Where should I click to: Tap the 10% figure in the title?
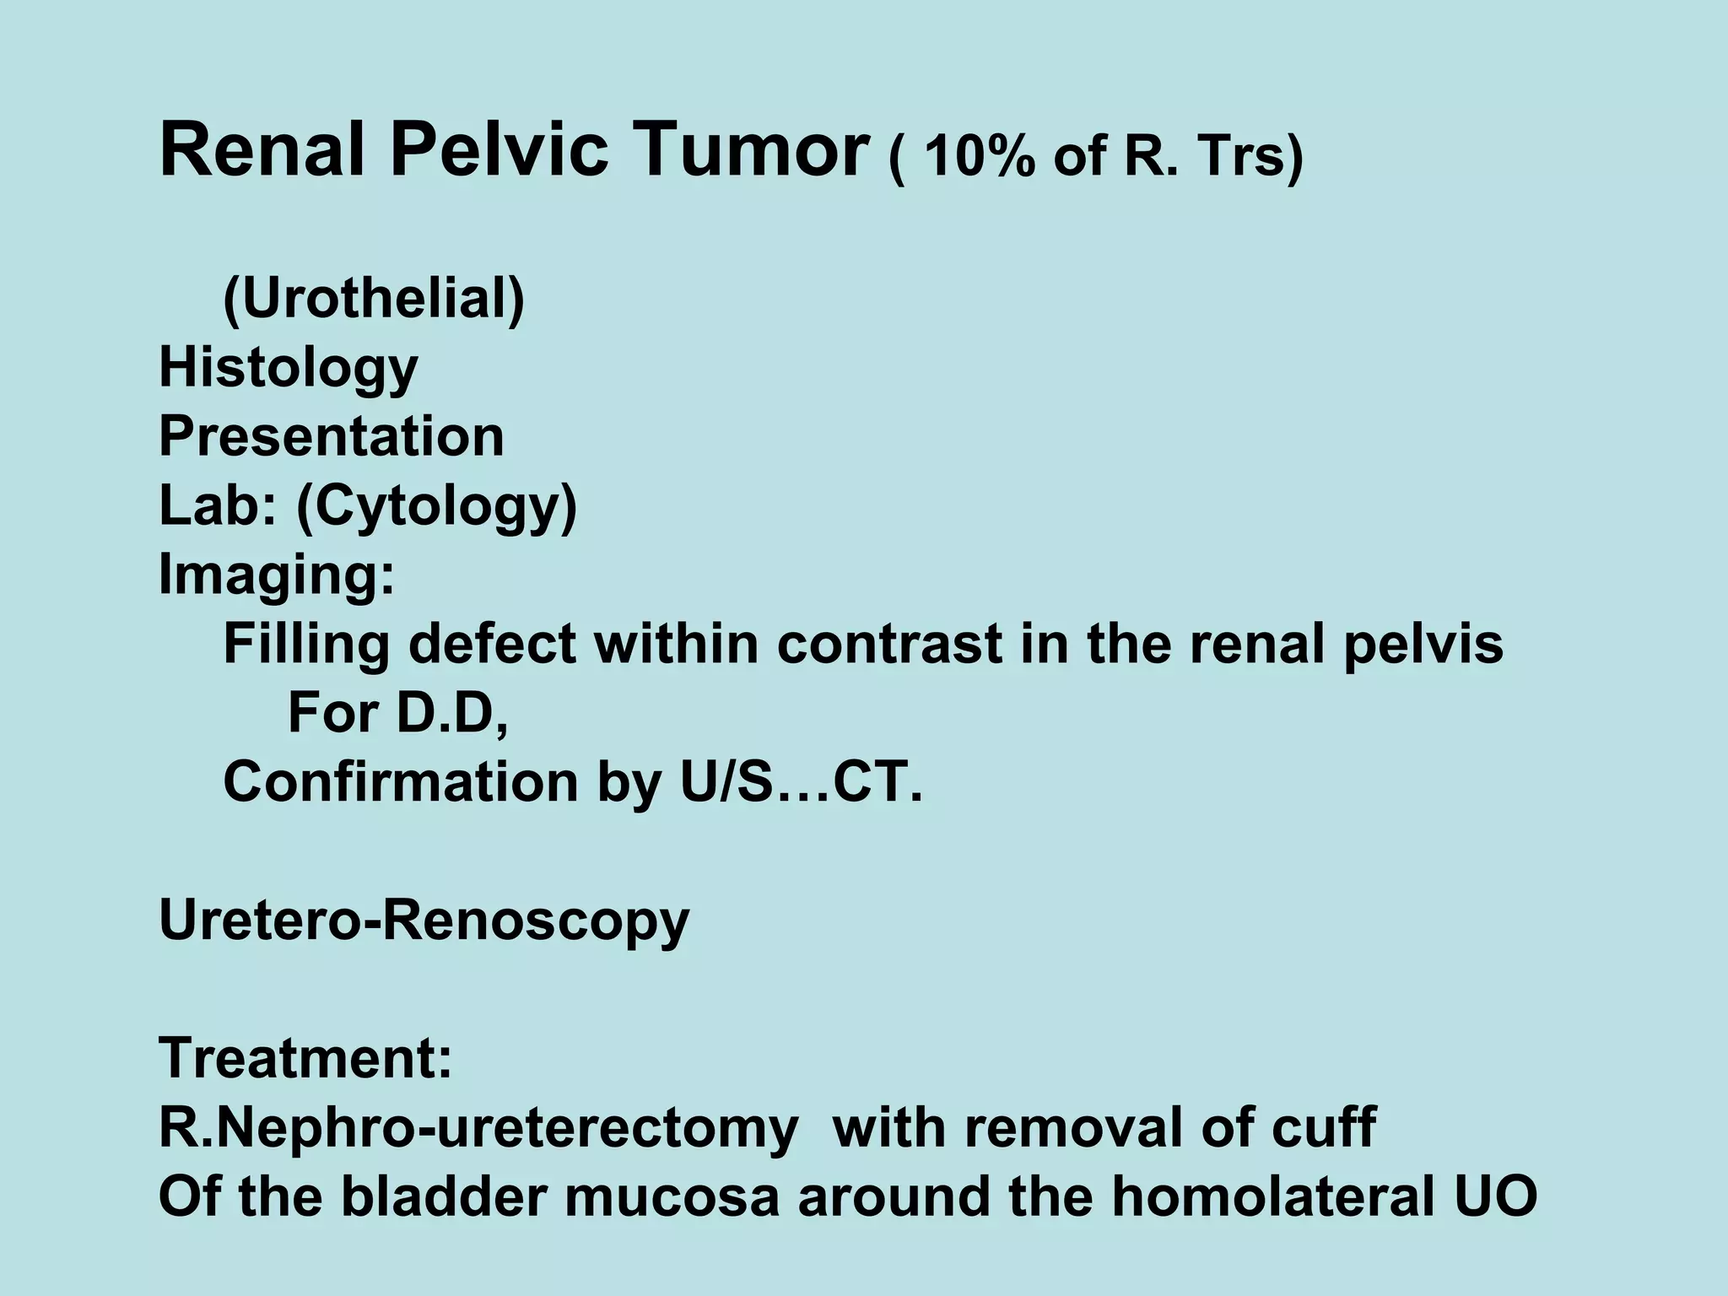click(x=979, y=157)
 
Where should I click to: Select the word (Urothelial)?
click(x=374, y=300)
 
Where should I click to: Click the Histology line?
click(x=289, y=369)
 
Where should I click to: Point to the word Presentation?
click(x=332, y=437)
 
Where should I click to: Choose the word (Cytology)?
click(x=436, y=506)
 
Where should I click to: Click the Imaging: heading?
click(x=277, y=575)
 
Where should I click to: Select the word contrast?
click(x=889, y=645)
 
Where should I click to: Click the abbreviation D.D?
click(x=452, y=714)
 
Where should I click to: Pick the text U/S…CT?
click(x=801, y=782)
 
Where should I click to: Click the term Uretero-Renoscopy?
click(x=424, y=921)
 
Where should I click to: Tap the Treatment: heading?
click(x=305, y=1058)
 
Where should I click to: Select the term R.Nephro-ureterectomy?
click(x=478, y=1128)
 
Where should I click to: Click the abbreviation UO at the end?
click(x=1494, y=1196)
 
